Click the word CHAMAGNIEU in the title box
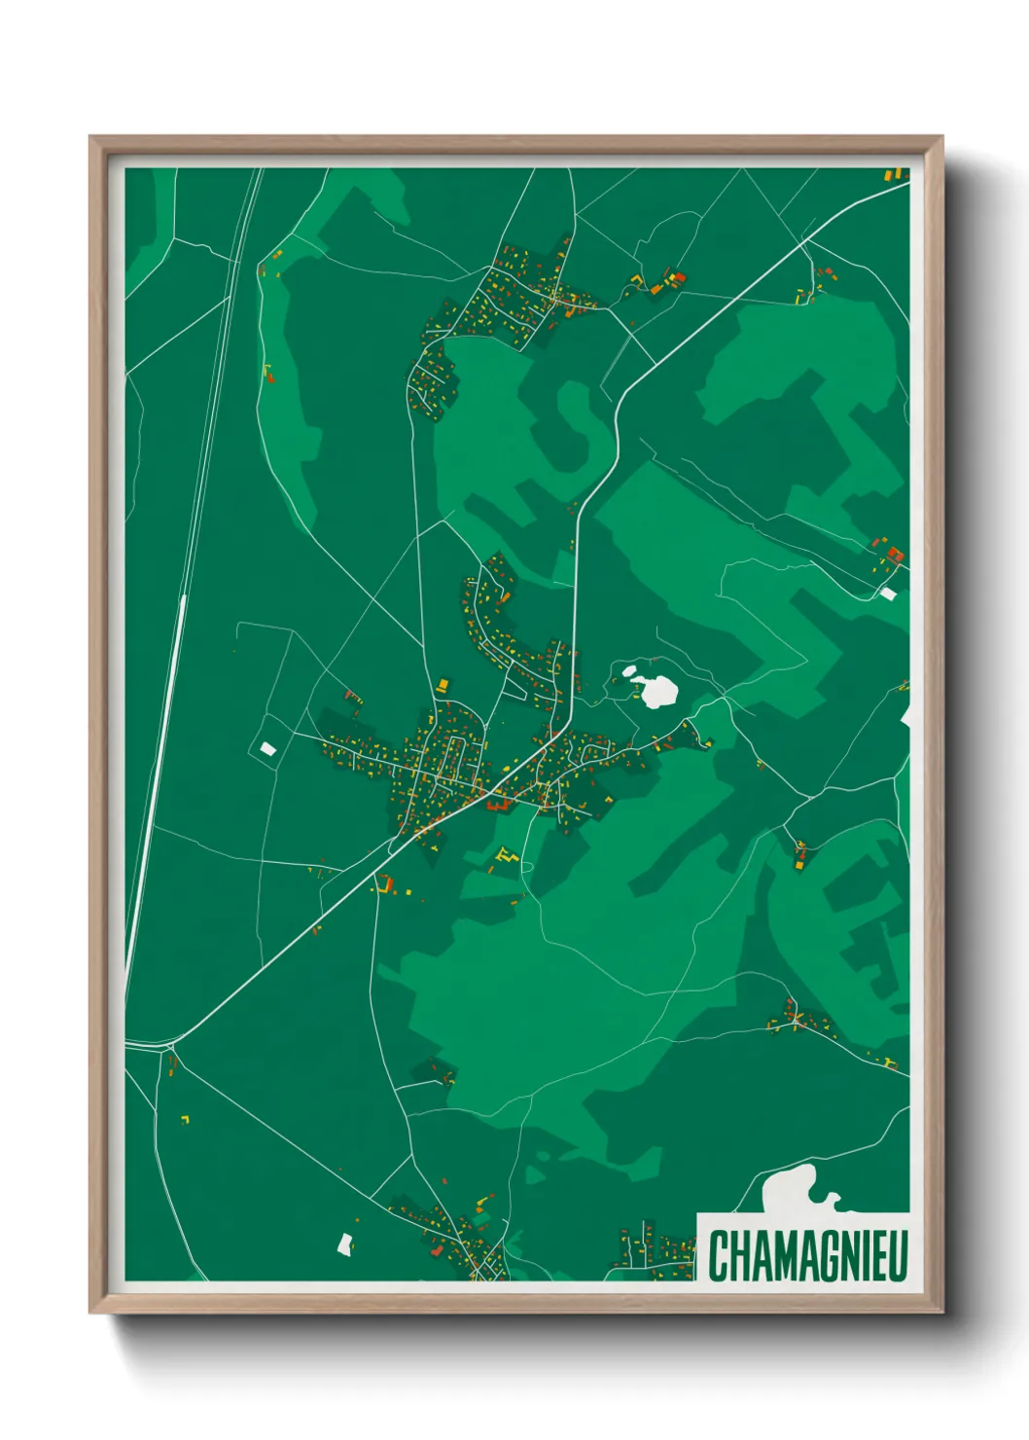pyautogui.click(x=806, y=1255)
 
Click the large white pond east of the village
pyautogui.click(x=658, y=691)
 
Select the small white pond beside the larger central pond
pyautogui.click(x=629, y=670)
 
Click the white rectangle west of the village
pyautogui.click(x=266, y=748)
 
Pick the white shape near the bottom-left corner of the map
pyautogui.click(x=344, y=1242)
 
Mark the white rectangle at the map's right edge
pyautogui.click(x=887, y=593)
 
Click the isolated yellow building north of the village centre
pyautogui.click(x=444, y=685)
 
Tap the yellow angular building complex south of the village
pyautogui.click(x=504, y=856)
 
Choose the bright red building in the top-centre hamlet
pyautogui.click(x=679, y=277)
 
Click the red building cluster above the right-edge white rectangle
pyautogui.click(x=893, y=555)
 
